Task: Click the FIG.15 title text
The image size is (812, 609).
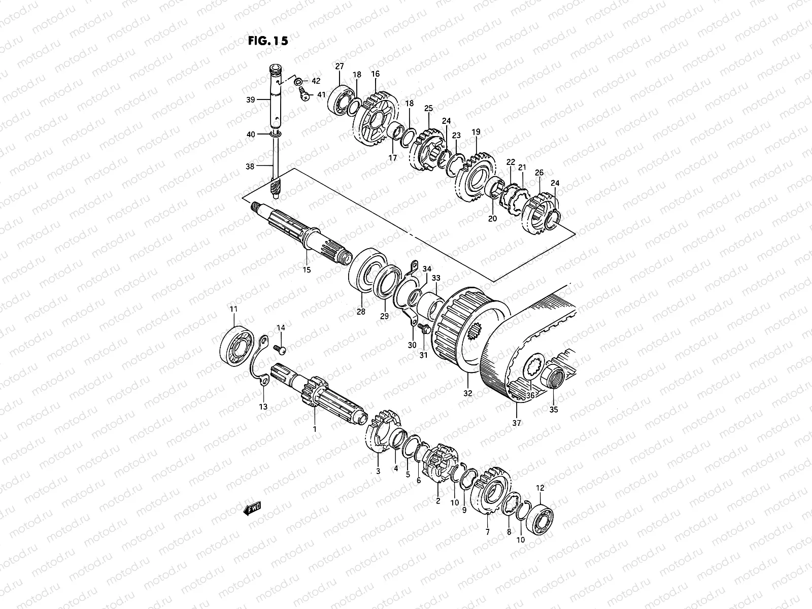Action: pos(267,41)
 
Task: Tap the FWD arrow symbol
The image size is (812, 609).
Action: pos(252,510)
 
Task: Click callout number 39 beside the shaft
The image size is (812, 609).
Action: pos(251,100)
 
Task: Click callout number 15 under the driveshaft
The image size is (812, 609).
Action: pos(307,269)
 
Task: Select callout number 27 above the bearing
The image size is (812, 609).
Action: pos(339,66)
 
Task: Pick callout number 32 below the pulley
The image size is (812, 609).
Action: pos(468,393)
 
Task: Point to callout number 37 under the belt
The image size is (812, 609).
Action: pos(517,423)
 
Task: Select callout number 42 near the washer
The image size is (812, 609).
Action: pos(316,81)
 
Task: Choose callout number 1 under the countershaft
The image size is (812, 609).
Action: pos(314,429)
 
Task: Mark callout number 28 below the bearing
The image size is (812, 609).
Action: pos(361,312)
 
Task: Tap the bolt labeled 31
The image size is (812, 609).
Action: pos(425,330)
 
